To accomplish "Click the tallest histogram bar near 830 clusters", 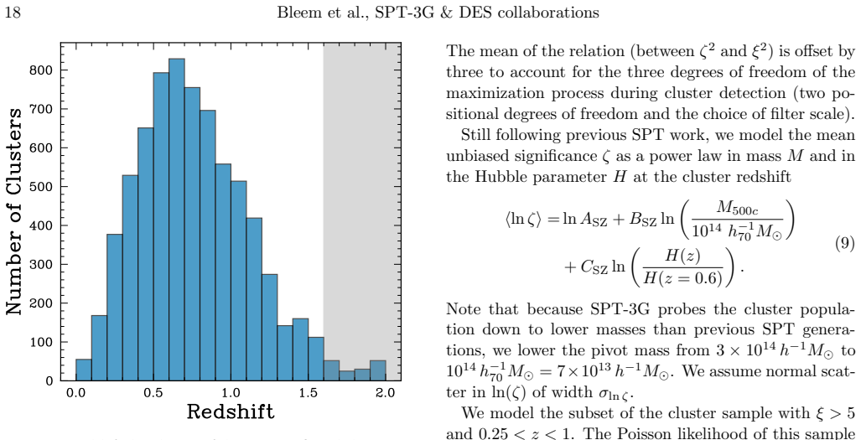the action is [x=177, y=220].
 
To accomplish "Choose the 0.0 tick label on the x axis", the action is [x=75, y=393].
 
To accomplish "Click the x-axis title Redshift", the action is [x=231, y=412].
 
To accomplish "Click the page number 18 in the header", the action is [x=13, y=13].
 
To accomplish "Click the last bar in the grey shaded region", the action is [x=378, y=370].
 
